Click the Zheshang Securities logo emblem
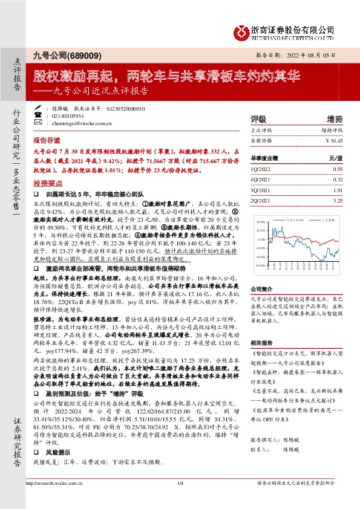coord(241,31)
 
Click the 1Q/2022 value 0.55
coord(338,170)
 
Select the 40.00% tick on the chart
coord(260,222)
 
